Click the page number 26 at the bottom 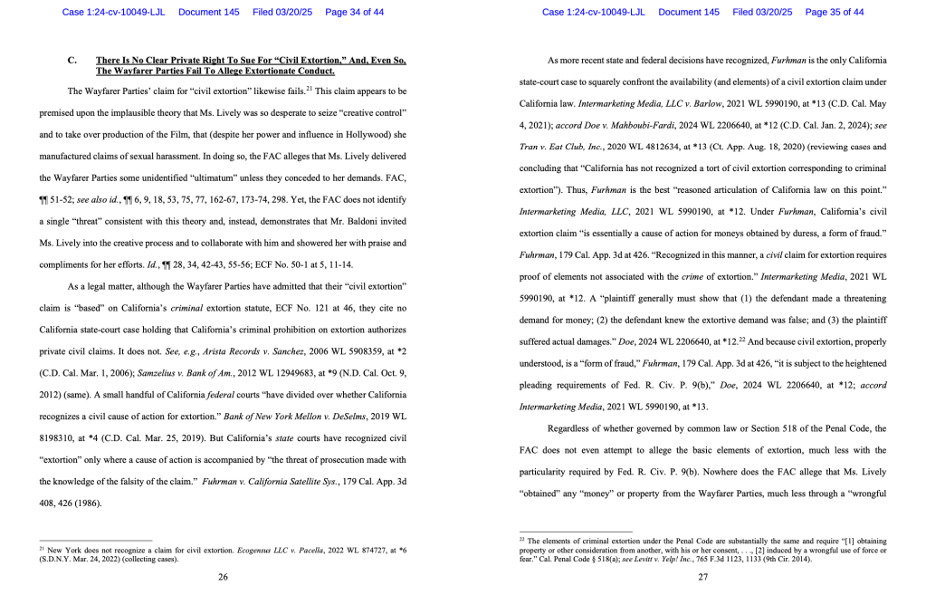[223, 577]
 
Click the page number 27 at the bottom [702, 577]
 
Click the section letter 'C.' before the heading [72, 60]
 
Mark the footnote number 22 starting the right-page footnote [522, 539]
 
